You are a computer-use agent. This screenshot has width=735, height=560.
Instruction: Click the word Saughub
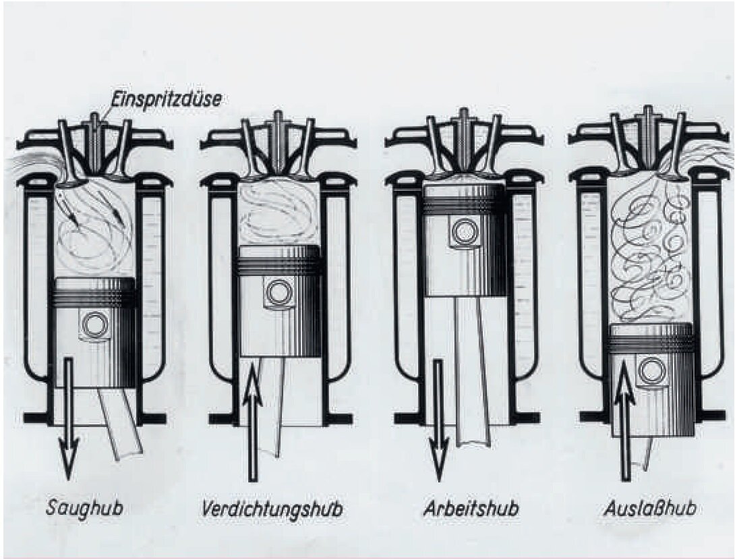(84, 508)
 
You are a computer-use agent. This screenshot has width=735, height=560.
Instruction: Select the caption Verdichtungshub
(271, 509)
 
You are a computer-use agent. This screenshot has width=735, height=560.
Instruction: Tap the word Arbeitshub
(471, 508)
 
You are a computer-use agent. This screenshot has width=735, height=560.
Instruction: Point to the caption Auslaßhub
(649, 508)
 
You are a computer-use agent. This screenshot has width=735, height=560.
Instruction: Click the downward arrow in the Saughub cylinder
(68, 418)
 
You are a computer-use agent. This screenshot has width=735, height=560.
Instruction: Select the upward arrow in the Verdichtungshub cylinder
(253, 418)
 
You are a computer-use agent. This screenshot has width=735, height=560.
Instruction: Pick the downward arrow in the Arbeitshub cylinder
(439, 418)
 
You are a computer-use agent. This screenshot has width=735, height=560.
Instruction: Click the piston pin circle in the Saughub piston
(94, 325)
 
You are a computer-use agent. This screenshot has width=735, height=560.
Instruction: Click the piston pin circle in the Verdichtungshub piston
(278, 292)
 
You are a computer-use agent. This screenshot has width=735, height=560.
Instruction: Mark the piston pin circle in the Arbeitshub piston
(465, 232)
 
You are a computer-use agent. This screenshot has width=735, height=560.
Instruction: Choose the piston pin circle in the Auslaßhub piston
(651, 371)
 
